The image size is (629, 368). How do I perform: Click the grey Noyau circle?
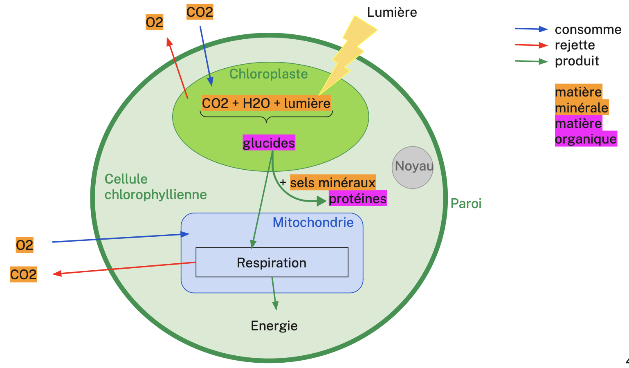tap(412, 168)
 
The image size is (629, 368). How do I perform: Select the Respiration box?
tap(272, 263)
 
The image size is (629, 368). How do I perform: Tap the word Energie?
tap(274, 326)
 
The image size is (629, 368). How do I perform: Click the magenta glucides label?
tap(269, 143)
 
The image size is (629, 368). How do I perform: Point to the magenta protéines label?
tap(358, 199)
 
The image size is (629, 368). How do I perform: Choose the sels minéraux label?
tap(332, 182)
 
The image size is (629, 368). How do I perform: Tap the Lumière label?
tap(392, 12)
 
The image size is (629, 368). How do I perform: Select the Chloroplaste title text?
tap(268, 74)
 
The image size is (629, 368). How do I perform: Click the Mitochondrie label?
tap(313, 222)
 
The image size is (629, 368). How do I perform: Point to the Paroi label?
tap(466, 204)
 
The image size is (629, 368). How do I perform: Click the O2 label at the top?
tap(154, 22)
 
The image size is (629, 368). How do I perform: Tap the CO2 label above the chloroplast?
tap(200, 12)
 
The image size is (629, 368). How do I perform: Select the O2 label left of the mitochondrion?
tap(25, 245)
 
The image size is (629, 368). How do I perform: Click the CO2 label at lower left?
tap(23, 274)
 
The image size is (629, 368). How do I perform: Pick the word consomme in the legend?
tap(588, 29)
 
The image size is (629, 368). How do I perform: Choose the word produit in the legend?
tap(577, 61)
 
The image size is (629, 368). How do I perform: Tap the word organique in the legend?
tap(586, 139)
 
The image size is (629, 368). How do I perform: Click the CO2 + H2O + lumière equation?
tap(266, 103)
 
